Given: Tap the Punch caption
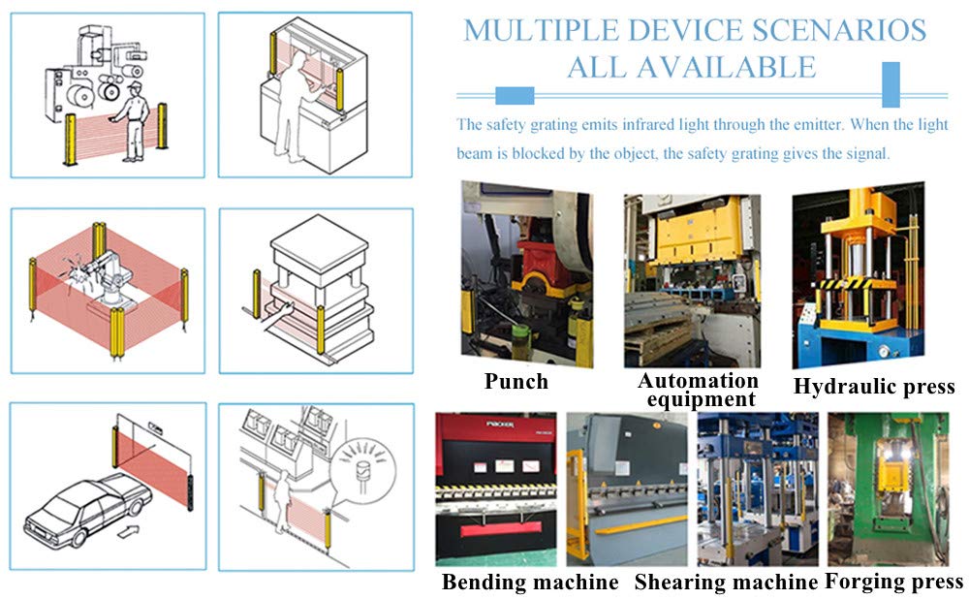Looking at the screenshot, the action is [x=516, y=382].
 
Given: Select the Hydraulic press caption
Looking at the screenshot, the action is [x=874, y=387].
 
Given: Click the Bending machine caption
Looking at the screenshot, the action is [x=530, y=582].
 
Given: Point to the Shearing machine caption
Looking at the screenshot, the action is [x=726, y=582].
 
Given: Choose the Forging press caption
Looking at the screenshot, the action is [x=893, y=582].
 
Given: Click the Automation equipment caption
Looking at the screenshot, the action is [x=699, y=390].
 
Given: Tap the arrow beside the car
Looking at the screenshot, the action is [x=128, y=530].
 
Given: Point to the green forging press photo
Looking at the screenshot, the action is [x=888, y=489].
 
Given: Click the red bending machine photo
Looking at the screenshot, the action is [x=495, y=489].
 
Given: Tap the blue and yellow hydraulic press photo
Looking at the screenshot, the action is [x=859, y=275].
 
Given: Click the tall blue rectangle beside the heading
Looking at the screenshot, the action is [x=891, y=84].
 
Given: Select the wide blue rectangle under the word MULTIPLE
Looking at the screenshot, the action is [x=515, y=96].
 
